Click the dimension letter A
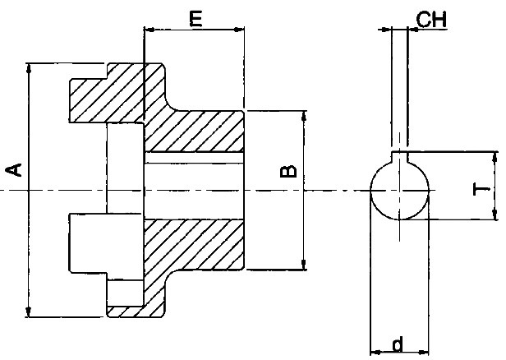tap(14, 170)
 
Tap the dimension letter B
tap(288, 171)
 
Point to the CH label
tap(431, 20)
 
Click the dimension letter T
tap(481, 189)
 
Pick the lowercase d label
tap(398, 344)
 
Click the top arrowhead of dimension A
tap(29, 68)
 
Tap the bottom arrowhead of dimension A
tap(29, 312)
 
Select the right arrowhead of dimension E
tap(239, 30)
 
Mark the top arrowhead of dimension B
tap(304, 116)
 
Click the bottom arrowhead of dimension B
tap(304, 264)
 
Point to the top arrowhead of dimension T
tap(494, 157)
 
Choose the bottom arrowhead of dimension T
tap(494, 215)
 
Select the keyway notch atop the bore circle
tap(399, 157)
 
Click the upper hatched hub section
tap(194, 131)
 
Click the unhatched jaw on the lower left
tap(106, 243)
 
